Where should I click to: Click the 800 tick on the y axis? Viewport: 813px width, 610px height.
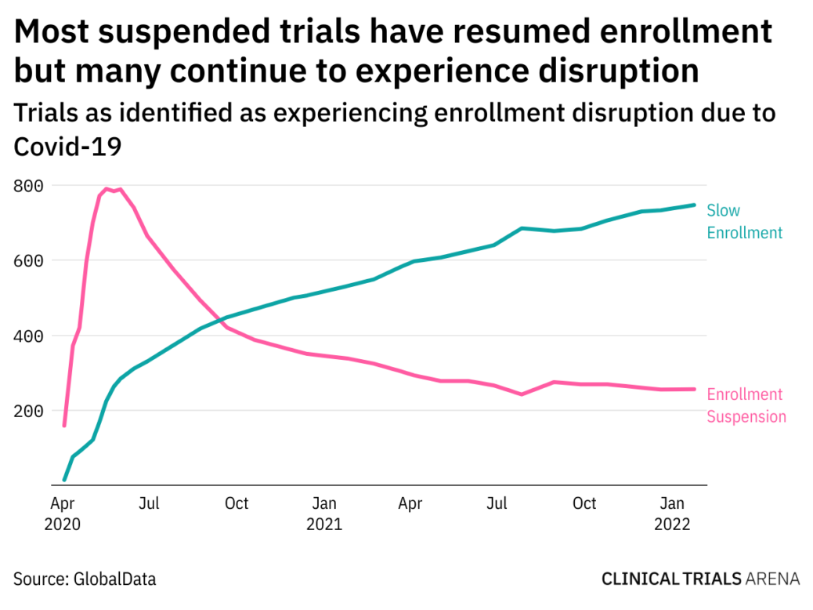[27, 186]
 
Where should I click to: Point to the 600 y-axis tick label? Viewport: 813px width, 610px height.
[27, 261]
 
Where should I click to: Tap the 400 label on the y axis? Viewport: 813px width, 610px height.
[27, 336]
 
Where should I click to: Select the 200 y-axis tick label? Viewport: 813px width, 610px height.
[27, 411]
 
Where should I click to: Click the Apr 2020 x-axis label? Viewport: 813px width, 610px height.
[63, 514]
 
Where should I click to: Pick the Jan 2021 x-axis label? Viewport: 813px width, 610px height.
[323, 514]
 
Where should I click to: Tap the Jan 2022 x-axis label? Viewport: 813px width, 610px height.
[673, 514]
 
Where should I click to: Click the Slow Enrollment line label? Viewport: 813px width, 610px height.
[744, 221]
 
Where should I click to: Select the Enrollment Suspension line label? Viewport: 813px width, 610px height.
[746, 405]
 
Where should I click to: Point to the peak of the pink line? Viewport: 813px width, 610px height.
[107, 189]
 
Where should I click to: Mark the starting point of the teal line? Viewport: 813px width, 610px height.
[64, 479]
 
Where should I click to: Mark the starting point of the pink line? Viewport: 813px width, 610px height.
[64, 425]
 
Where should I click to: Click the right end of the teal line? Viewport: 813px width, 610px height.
[694, 205]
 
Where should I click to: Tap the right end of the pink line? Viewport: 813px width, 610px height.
[694, 389]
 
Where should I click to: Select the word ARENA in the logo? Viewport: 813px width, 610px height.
[773, 579]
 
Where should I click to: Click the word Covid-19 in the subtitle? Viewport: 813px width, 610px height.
[67, 145]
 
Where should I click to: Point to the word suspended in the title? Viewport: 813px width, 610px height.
[185, 32]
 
